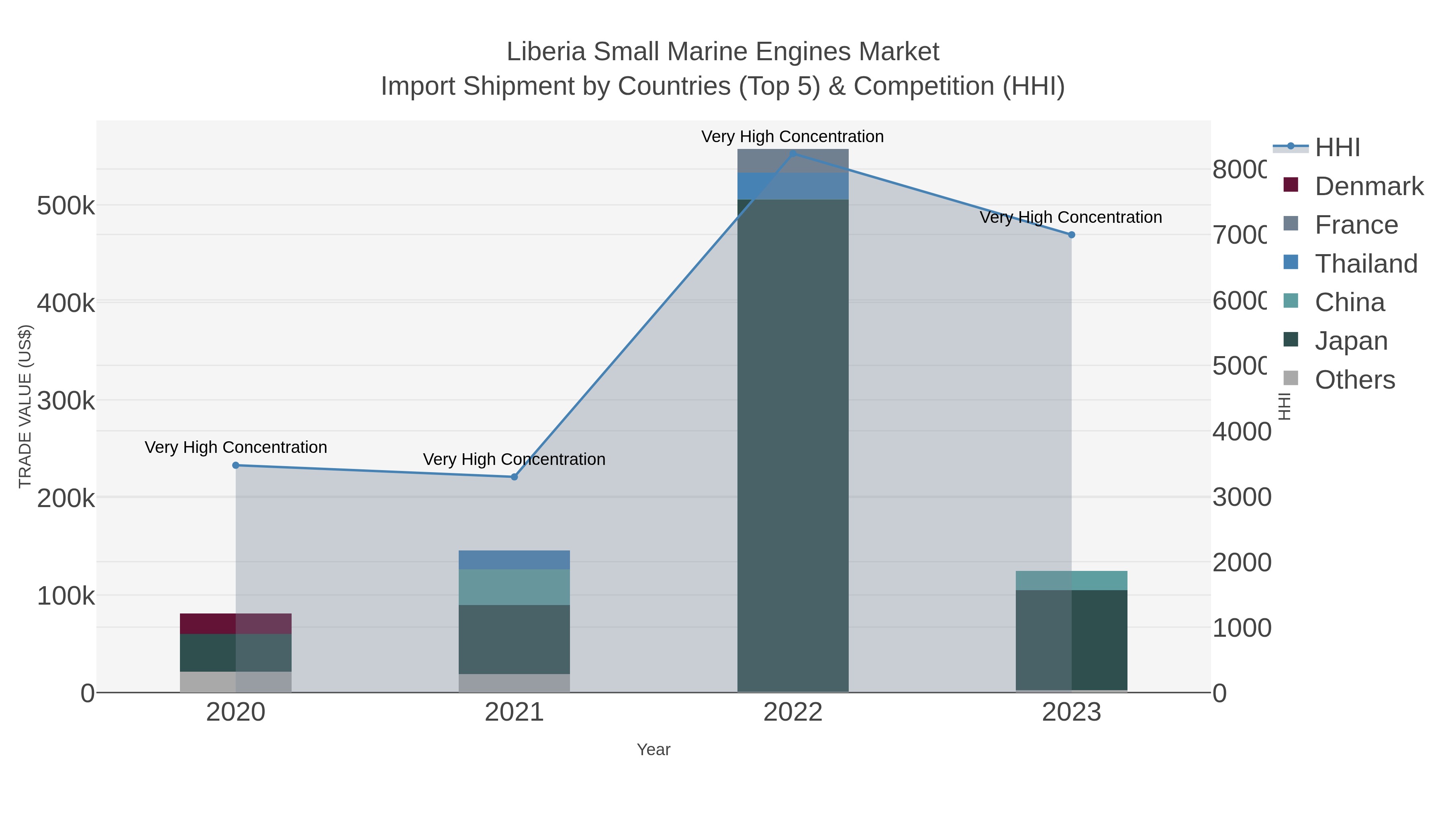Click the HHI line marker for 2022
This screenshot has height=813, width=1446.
(792, 154)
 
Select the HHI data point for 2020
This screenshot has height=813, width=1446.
(236, 465)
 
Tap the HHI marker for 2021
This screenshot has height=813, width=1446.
(514, 477)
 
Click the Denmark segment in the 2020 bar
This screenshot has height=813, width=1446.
(236, 624)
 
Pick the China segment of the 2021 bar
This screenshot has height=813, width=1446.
(514, 587)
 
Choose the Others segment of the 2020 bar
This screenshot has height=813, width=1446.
(236, 682)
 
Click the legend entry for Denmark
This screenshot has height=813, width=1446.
(1368, 186)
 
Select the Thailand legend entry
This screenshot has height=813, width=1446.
(1366, 264)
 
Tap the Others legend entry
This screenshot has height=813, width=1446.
(1354, 380)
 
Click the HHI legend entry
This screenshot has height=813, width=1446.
(1337, 148)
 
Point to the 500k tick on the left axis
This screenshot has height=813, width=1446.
(66, 206)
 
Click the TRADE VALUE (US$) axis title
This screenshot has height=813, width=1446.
(25, 406)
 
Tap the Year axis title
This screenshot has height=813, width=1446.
(654, 750)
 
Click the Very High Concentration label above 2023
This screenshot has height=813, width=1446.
(1070, 217)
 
